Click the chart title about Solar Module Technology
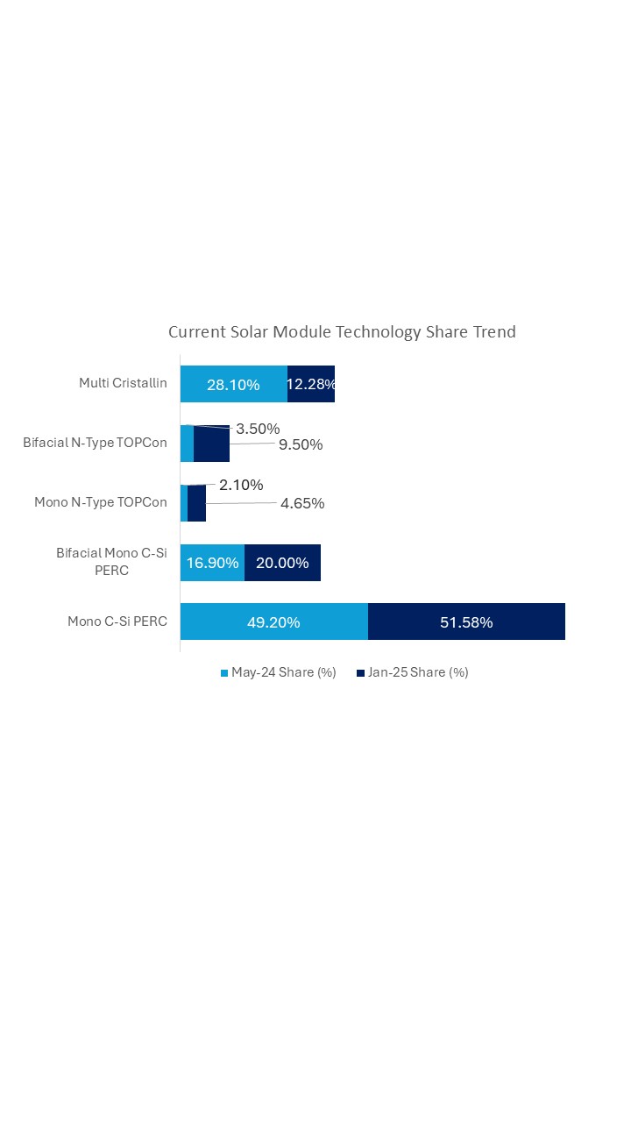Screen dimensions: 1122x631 point(342,332)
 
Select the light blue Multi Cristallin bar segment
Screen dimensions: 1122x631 point(234,384)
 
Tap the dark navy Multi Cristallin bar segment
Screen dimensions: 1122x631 point(311,384)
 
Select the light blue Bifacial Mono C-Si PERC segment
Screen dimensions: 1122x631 point(212,563)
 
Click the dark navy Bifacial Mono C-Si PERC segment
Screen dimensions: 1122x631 point(282,563)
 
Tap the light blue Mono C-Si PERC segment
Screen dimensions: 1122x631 point(273,622)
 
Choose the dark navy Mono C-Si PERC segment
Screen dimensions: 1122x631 point(466,622)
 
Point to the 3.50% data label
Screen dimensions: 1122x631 point(258,429)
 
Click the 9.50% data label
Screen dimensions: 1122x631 point(301,444)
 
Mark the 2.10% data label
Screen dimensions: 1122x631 point(241,485)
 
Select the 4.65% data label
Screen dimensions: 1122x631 point(302,503)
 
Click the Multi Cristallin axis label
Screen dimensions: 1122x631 point(123,383)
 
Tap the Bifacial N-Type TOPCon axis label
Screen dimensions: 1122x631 point(95,443)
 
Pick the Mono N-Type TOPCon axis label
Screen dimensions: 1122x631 point(101,502)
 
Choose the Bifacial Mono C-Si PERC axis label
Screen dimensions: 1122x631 point(111,562)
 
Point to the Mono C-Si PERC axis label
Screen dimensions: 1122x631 point(117,621)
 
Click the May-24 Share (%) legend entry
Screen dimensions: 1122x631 point(278,673)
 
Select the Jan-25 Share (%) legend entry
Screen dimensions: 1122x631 point(413,673)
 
